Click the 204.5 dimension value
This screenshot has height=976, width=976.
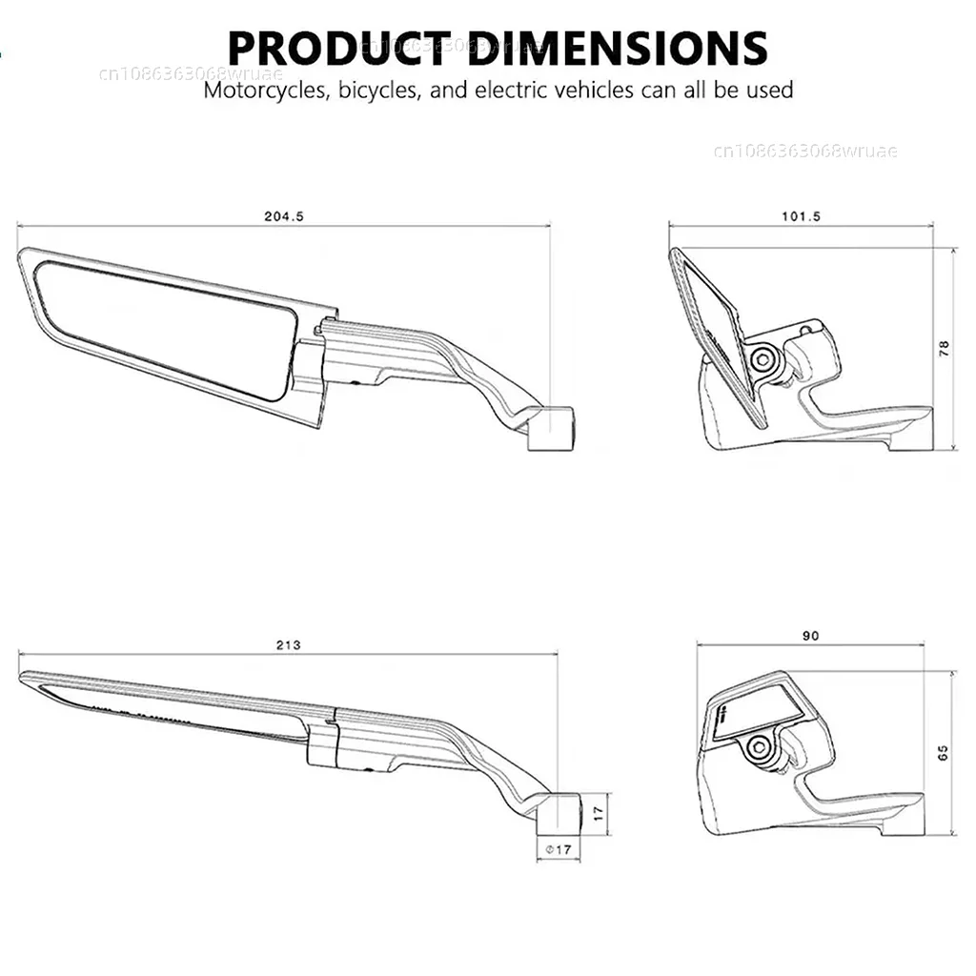click(284, 216)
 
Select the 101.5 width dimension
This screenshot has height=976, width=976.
click(801, 216)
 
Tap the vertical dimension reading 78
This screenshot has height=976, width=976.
click(945, 348)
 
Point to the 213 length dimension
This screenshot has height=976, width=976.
click(288, 645)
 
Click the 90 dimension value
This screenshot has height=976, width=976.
click(810, 636)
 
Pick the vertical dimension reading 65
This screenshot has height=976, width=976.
click(943, 753)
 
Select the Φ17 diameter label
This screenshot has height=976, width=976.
click(559, 849)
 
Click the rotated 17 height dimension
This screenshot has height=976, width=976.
click(599, 813)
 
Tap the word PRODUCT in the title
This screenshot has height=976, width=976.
click(340, 48)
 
